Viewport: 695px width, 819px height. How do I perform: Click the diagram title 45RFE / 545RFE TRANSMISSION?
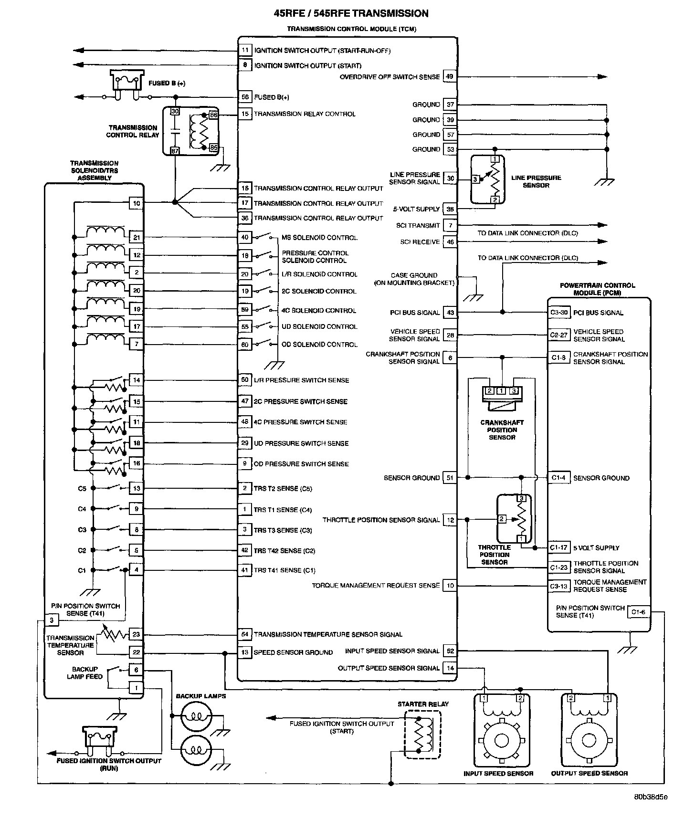pyautogui.click(x=351, y=13)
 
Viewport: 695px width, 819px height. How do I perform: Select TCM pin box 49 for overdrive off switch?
pyautogui.click(x=450, y=76)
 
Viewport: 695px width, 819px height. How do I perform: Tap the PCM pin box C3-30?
pyautogui.click(x=558, y=313)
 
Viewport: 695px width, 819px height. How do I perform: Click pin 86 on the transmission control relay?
pyautogui.click(x=213, y=115)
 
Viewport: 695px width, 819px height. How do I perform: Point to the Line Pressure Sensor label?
pyautogui.click(x=536, y=181)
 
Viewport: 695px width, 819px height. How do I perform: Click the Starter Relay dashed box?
pyautogui.click(x=422, y=734)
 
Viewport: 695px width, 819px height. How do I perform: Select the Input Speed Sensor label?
pyautogui.click(x=498, y=773)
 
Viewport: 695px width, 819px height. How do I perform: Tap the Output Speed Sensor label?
pyautogui.click(x=589, y=773)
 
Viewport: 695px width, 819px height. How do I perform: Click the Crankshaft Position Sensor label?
pyautogui.click(x=502, y=430)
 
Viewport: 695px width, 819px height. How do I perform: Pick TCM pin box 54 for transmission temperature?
pyautogui.click(x=245, y=634)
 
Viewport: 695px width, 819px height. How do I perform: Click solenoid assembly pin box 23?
pyautogui.click(x=137, y=634)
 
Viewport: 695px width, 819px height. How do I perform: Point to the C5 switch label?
pyautogui.click(x=82, y=489)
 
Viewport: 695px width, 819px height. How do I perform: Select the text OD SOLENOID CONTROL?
pyautogui.click(x=319, y=344)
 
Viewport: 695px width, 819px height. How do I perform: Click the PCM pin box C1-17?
pyautogui.click(x=558, y=547)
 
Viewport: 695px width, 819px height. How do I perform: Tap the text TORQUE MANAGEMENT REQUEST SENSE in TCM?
pyautogui.click(x=376, y=585)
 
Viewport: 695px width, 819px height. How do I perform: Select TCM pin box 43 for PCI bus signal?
pyautogui.click(x=450, y=313)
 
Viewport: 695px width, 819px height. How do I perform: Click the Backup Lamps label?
pyautogui.click(x=201, y=696)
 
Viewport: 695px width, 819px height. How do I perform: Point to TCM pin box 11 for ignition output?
pyautogui.click(x=245, y=50)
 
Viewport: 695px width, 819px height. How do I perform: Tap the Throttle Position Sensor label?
pyautogui.click(x=495, y=555)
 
